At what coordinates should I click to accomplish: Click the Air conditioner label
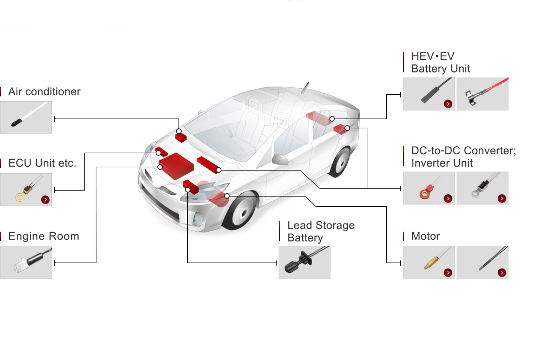[x=44, y=91]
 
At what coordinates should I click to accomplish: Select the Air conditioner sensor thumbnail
[x=26, y=118]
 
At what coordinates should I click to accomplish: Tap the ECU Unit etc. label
[x=42, y=163]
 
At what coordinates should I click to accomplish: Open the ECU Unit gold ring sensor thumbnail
[x=26, y=189]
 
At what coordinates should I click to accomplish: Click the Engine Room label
[x=44, y=236]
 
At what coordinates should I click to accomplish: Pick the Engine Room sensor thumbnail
[x=26, y=263]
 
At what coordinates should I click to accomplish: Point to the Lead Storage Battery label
[x=321, y=231]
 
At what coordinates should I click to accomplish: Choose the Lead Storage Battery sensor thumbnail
[x=304, y=263]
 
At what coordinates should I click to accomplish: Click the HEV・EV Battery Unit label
[x=440, y=63]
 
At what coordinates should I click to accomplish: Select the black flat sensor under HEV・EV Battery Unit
[x=428, y=94]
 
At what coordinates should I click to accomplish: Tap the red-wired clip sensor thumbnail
[x=482, y=94]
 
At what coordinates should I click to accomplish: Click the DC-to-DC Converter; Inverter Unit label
[x=464, y=156]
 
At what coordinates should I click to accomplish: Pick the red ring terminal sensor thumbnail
[x=428, y=188]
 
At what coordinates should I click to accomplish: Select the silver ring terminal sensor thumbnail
[x=482, y=188]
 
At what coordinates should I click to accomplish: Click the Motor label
[x=426, y=236]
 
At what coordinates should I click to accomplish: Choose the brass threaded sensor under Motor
[x=428, y=263]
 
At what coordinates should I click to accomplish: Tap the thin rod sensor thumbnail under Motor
[x=482, y=263]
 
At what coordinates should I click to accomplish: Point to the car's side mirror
[x=281, y=159]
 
